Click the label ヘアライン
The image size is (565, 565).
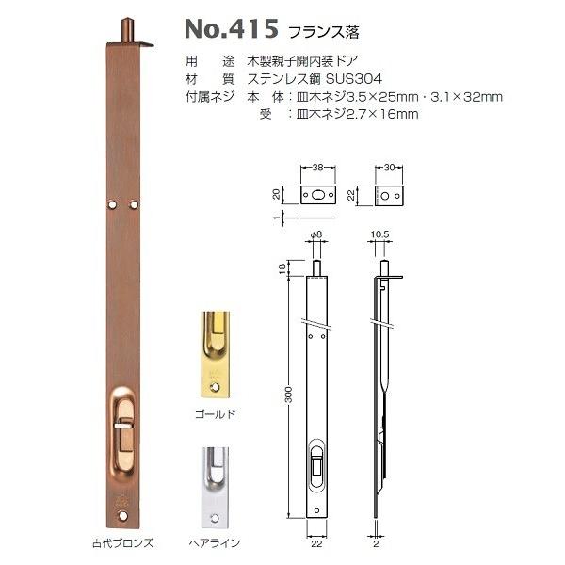pos(216,543)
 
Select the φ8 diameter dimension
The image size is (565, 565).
pos(316,236)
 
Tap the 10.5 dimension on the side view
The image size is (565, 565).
pos(381,236)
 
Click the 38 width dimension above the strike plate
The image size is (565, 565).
pos(317,166)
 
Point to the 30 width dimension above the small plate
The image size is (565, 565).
pos(390,166)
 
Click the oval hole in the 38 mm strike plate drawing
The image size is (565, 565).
pos(317,194)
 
